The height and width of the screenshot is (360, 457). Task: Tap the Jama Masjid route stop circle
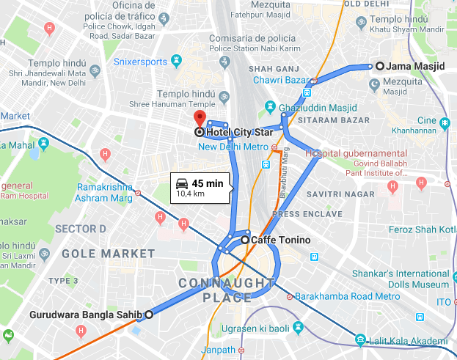[379, 66]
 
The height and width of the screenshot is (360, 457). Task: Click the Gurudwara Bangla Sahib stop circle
[149, 315]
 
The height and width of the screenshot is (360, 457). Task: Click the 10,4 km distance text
[191, 195]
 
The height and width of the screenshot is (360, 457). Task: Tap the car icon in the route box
[181, 183]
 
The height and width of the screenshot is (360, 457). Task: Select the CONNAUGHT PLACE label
[217, 289]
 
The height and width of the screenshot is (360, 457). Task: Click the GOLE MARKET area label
[108, 254]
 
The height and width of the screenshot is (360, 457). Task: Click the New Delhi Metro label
[235, 147]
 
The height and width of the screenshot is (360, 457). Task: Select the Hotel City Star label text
[239, 132]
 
